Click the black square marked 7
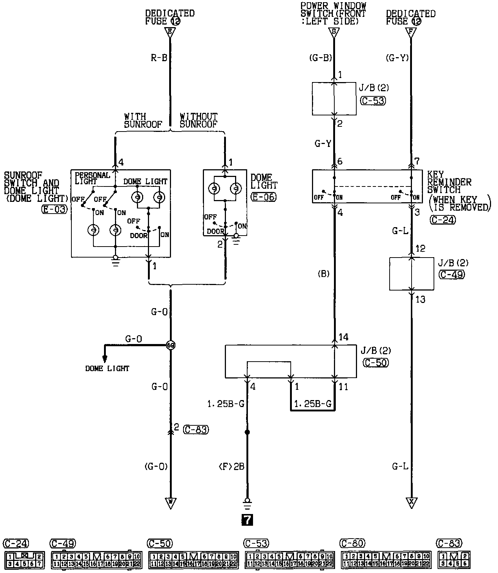[x=247, y=520]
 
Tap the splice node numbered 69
[x=170, y=345]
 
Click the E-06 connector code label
[x=264, y=197]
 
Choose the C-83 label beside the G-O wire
[x=196, y=429]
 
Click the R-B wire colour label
[x=159, y=57]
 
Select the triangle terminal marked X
[x=412, y=503]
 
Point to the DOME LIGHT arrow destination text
[x=107, y=369]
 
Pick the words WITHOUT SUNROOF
[x=198, y=120]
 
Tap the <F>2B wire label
[x=231, y=467]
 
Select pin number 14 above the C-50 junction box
[x=343, y=337]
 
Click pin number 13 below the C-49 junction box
[x=420, y=299]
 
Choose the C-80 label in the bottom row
[x=353, y=543]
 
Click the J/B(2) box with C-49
[x=412, y=274]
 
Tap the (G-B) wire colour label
[x=320, y=57]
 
